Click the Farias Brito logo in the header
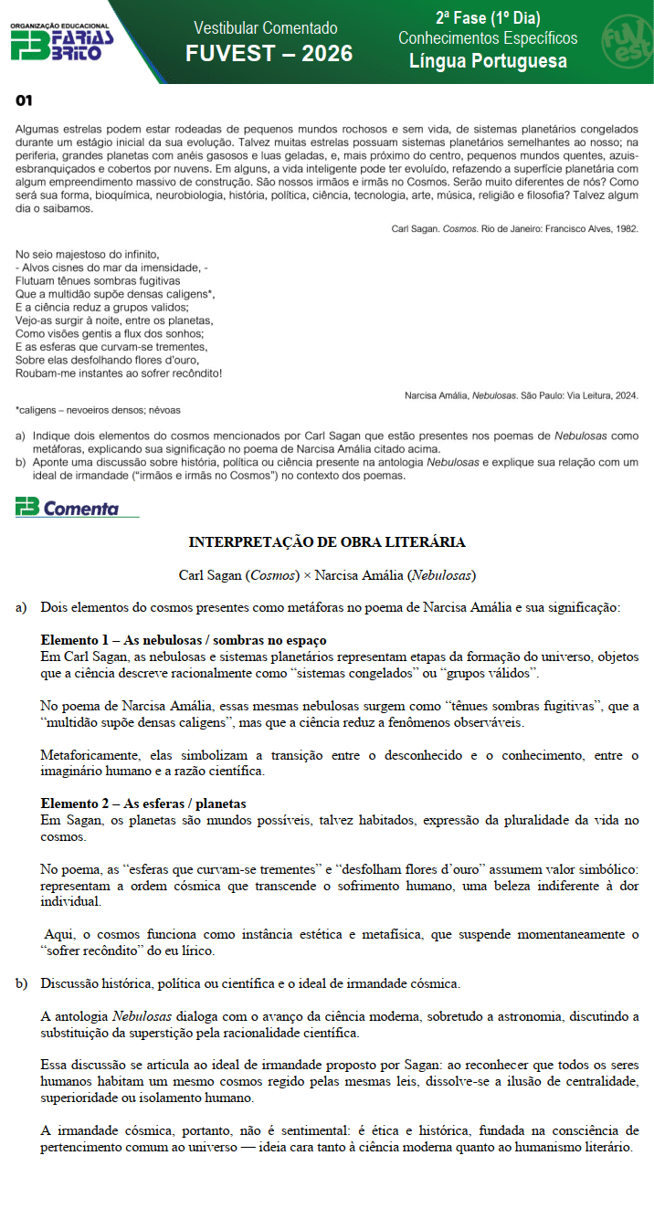(61, 41)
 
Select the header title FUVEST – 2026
(269, 54)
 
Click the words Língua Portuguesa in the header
(488, 61)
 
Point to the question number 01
(24, 100)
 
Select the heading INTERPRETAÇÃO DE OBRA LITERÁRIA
(327, 542)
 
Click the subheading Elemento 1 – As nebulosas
(184, 640)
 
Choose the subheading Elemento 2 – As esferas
(143, 804)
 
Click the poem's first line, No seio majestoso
(88, 254)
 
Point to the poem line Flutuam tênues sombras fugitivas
(98, 281)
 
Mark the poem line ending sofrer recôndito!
(119, 373)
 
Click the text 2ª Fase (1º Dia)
(488, 18)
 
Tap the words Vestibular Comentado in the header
(266, 28)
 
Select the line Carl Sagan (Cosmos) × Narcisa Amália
(327, 575)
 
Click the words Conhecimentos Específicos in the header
(488, 38)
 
